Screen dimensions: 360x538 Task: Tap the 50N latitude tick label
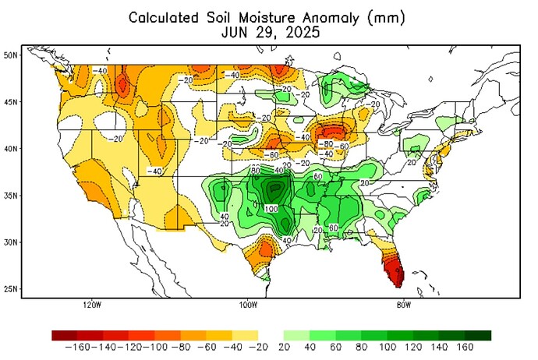coord(11,55)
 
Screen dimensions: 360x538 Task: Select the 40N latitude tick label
coord(11,148)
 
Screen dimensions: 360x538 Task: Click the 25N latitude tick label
coord(11,289)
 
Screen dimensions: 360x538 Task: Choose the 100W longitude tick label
coord(247,305)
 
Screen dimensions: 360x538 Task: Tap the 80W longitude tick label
coord(403,305)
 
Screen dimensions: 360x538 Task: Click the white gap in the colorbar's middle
coord(271,335)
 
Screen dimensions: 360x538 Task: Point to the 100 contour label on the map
coord(271,209)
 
